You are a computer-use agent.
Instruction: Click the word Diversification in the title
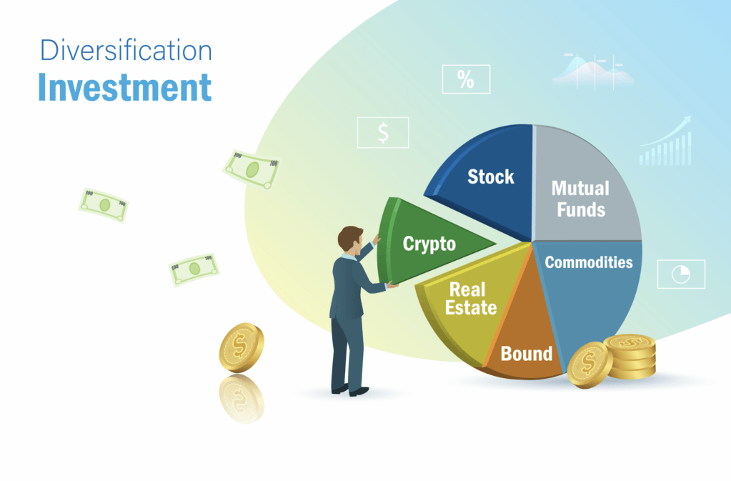[x=125, y=51]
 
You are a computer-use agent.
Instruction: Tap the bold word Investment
[x=125, y=87]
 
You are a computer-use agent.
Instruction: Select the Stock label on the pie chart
[x=490, y=177]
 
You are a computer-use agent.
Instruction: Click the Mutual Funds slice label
[x=580, y=199]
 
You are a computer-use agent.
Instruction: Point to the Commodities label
[x=588, y=262]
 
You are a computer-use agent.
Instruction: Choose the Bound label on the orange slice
[x=526, y=353]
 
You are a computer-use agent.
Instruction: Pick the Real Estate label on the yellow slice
[x=472, y=299]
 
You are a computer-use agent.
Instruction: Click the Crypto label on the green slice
[x=429, y=244]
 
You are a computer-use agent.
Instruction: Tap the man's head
[x=350, y=239]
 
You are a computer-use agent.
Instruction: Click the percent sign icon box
[x=466, y=79]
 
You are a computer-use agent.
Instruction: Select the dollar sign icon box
[x=383, y=132]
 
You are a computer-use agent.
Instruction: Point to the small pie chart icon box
[x=680, y=274]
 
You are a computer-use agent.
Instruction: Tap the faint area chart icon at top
[x=592, y=69]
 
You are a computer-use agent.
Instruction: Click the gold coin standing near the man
[x=241, y=347]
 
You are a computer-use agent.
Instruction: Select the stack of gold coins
[x=630, y=355]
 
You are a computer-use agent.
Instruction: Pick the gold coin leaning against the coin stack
[x=590, y=364]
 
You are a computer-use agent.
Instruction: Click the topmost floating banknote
[x=252, y=169]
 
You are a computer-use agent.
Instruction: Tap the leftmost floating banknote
[x=104, y=205]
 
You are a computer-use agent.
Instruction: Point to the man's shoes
[x=350, y=390]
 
